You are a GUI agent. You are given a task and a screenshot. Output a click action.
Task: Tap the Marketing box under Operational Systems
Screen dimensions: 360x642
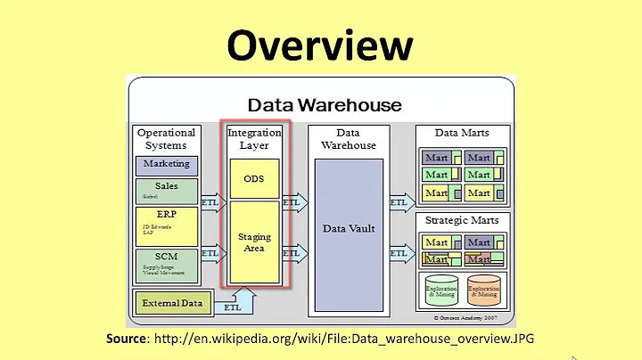(x=167, y=164)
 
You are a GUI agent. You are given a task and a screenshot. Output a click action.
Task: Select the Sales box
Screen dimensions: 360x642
(x=167, y=191)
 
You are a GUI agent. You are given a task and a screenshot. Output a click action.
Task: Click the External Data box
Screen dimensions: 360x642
(x=172, y=303)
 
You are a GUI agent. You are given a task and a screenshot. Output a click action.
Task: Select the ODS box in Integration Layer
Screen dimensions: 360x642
(x=254, y=178)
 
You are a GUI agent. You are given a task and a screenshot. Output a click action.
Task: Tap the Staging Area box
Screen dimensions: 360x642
(x=254, y=242)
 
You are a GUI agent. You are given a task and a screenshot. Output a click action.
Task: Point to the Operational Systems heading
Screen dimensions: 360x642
(x=167, y=139)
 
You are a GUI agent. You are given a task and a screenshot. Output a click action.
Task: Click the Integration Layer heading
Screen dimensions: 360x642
(x=254, y=139)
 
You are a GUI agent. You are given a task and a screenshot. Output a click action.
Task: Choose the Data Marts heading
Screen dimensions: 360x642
(x=461, y=133)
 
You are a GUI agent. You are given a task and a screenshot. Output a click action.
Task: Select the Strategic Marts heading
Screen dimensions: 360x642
(x=461, y=220)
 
